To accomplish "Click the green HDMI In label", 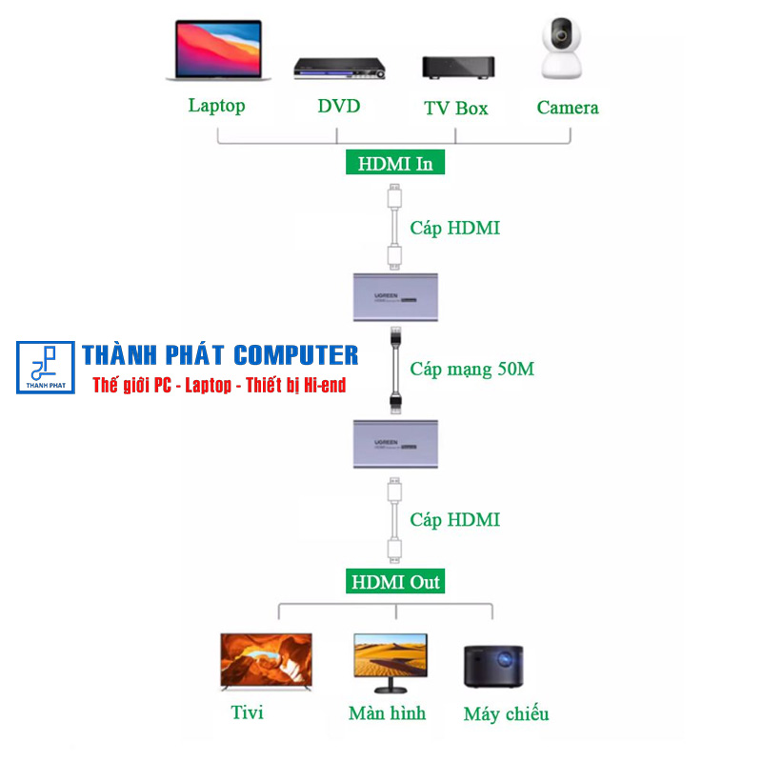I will (x=395, y=163).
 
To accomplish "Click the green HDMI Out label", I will (x=395, y=581).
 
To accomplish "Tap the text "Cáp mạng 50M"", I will (x=471, y=369).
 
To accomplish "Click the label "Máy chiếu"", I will (x=506, y=713).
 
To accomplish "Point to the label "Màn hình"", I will (x=387, y=712).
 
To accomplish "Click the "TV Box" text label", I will (x=456, y=108).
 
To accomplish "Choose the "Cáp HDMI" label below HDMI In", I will (x=454, y=229).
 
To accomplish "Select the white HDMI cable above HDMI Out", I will (x=393, y=520).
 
